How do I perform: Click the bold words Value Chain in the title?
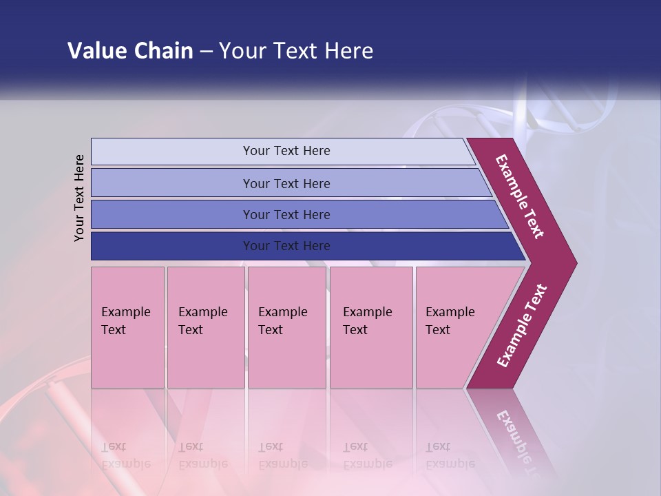pyautogui.click(x=130, y=51)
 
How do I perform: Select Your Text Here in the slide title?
pyautogui.click(x=296, y=51)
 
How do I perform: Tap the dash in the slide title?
pyautogui.click(x=206, y=52)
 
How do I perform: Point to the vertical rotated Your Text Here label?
pyautogui.click(x=80, y=198)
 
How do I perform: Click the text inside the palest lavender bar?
pyautogui.click(x=286, y=151)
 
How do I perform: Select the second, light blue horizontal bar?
pyautogui.click(x=286, y=183)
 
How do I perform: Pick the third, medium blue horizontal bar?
pyautogui.click(x=286, y=214)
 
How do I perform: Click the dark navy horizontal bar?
pyautogui.click(x=286, y=246)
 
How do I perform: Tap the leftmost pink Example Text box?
pyautogui.click(x=127, y=327)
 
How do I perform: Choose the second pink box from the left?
pyautogui.click(x=205, y=327)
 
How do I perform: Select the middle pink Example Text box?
pyautogui.click(x=286, y=327)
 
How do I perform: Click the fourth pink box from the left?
pyautogui.click(x=371, y=327)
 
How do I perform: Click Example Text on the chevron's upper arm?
pyautogui.click(x=520, y=196)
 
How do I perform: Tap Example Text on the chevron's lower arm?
pyautogui.click(x=522, y=326)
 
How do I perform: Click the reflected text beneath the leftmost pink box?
pyautogui.click(x=126, y=455)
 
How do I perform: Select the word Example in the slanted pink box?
pyautogui.click(x=450, y=312)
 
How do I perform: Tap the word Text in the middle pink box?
pyautogui.click(x=271, y=330)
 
